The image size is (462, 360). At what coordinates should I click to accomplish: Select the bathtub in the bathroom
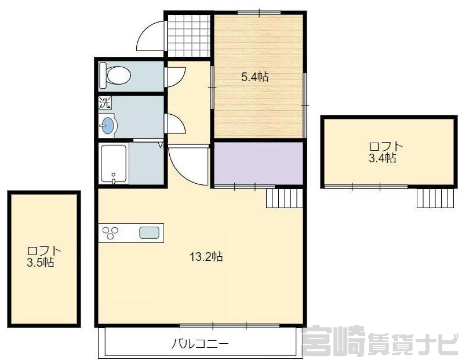[x=114, y=164]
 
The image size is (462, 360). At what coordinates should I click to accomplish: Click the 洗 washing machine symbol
[x=105, y=103]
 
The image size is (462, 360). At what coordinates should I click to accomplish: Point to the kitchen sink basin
[x=150, y=232]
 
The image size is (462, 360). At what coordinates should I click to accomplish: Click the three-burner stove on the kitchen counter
[x=110, y=232]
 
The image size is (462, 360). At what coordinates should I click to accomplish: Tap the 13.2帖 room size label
[x=206, y=257]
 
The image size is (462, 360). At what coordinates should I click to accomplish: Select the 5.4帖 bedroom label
[x=255, y=77]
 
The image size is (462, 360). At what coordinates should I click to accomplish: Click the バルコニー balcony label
[x=201, y=344]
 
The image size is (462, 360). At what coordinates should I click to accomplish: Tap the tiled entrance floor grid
[x=188, y=35]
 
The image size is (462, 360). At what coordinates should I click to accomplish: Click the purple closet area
[x=259, y=163]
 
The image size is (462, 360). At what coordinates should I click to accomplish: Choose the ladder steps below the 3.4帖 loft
[x=435, y=198]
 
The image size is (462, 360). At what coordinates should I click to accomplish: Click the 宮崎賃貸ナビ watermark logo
[x=381, y=341]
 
